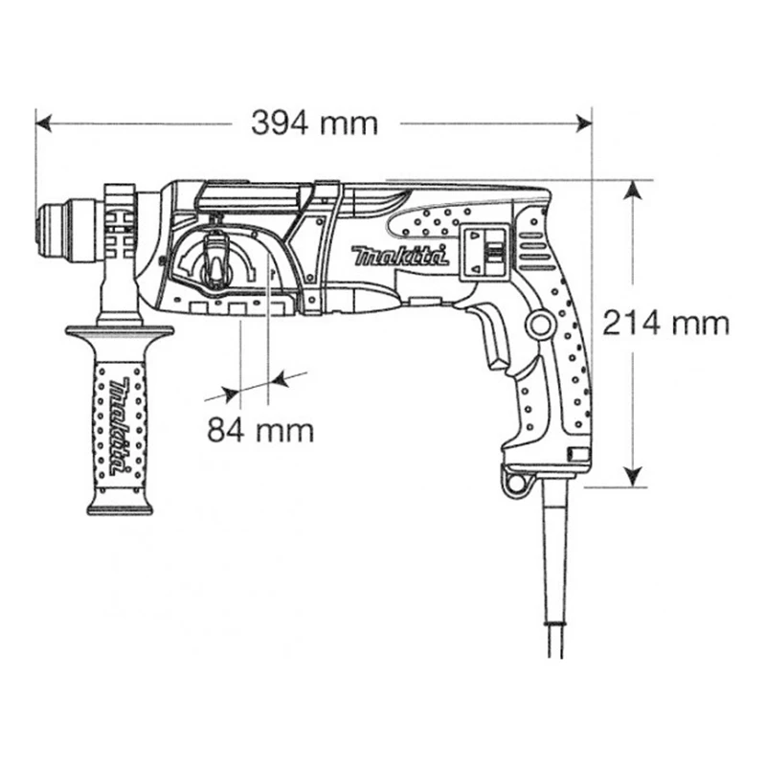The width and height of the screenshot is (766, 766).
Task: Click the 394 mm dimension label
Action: (314, 123)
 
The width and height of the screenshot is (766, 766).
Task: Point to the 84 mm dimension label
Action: (260, 430)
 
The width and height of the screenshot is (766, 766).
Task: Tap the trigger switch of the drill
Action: (492, 339)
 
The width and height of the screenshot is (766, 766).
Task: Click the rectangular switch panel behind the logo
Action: (484, 254)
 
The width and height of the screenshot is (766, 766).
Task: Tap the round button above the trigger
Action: (542, 326)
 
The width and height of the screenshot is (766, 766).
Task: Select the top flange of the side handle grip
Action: (120, 332)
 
